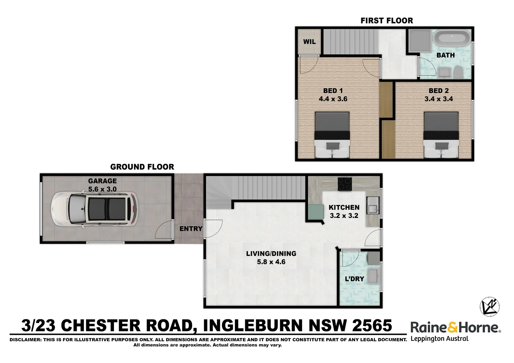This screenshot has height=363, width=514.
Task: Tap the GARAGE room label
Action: tap(102, 181)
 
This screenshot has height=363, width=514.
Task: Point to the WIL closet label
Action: tap(309, 42)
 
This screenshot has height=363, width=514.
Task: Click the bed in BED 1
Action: tap(332, 135)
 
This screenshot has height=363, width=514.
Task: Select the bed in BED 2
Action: tap(441, 135)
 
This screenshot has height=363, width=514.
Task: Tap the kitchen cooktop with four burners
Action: tap(344, 184)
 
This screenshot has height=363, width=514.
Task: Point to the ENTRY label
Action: tap(191, 229)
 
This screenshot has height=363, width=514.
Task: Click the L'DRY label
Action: tap(355, 279)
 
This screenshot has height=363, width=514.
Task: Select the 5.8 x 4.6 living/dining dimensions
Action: tap(271, 262)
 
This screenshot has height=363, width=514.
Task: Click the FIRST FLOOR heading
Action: tap(387, 21)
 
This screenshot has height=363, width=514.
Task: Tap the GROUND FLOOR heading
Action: tap(142, 167)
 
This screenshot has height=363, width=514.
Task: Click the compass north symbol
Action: tap(489, 307)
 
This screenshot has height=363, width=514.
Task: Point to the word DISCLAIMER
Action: tap(25, 340)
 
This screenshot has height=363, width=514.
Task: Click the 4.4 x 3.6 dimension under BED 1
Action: tap(333, 99)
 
